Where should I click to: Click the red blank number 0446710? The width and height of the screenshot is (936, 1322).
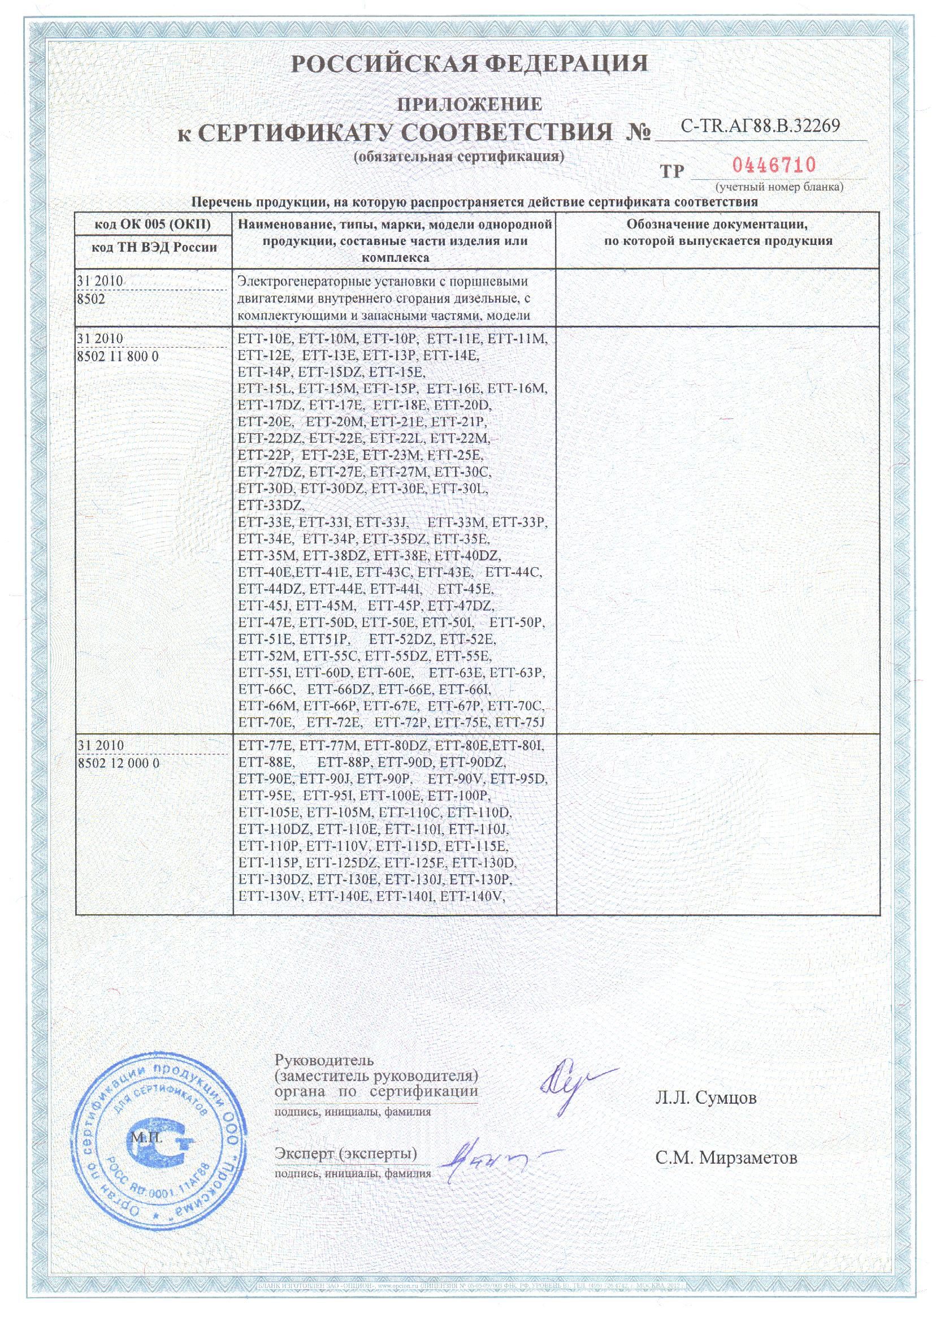774,166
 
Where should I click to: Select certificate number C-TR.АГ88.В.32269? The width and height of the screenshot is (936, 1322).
760,126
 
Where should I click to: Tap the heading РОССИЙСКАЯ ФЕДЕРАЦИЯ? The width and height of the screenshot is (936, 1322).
469,63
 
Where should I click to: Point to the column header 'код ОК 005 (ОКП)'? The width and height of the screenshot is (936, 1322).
153,224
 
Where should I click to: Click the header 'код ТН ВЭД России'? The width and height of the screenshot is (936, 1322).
154,248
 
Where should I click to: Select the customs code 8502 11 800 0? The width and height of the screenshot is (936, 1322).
118,357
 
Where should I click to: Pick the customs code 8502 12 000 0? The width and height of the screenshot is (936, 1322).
118,763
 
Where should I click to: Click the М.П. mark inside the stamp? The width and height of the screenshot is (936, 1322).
146,1138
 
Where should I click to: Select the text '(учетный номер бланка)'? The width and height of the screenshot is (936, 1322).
779,187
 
